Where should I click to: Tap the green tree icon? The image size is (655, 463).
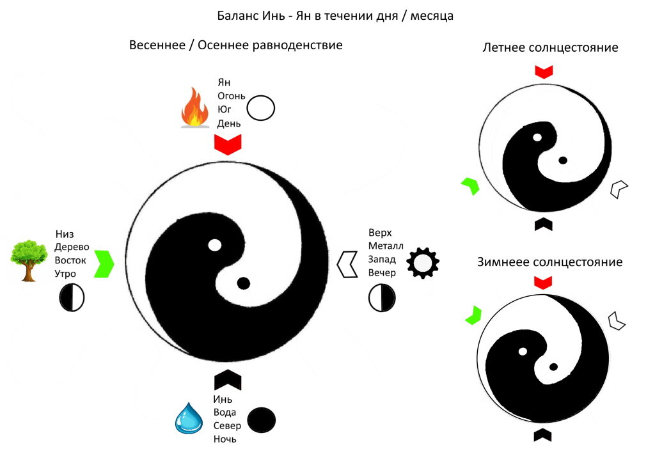pos(29,260)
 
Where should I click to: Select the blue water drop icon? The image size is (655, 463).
pos(189,418)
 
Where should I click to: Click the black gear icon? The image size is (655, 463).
pos(423,262)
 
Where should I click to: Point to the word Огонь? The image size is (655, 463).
pos(232,96)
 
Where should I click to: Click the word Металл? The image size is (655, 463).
pos(386,246)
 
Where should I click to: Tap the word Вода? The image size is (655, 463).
pos(225,412)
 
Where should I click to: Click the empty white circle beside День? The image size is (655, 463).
pos(261,108)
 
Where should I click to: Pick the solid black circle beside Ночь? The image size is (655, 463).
pos(261,420)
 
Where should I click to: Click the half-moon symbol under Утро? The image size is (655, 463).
pos(72,298)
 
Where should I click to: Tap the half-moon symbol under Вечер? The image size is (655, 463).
pos(382,297)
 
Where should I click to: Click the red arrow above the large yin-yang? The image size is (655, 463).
pos(227,144)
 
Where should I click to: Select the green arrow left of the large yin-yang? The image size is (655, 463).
pos(104,263)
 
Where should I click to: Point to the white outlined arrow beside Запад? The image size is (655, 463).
pos(347,263)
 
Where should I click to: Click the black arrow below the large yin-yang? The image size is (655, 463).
pos(227,380)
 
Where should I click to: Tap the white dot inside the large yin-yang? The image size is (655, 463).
pos(215,244)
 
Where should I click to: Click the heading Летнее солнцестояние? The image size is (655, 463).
pos(550,47)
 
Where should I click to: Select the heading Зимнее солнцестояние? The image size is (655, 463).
pos(549,262)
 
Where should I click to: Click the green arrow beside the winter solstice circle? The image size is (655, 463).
pos(473,315)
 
